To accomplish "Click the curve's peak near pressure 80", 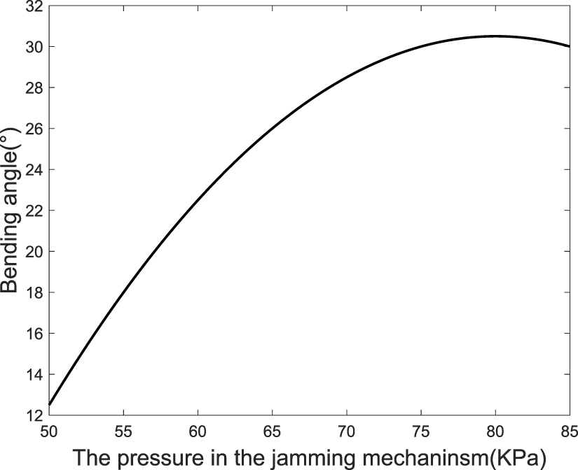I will click(x=495, y=36).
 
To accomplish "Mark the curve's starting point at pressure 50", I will click(x=49, y=404).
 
